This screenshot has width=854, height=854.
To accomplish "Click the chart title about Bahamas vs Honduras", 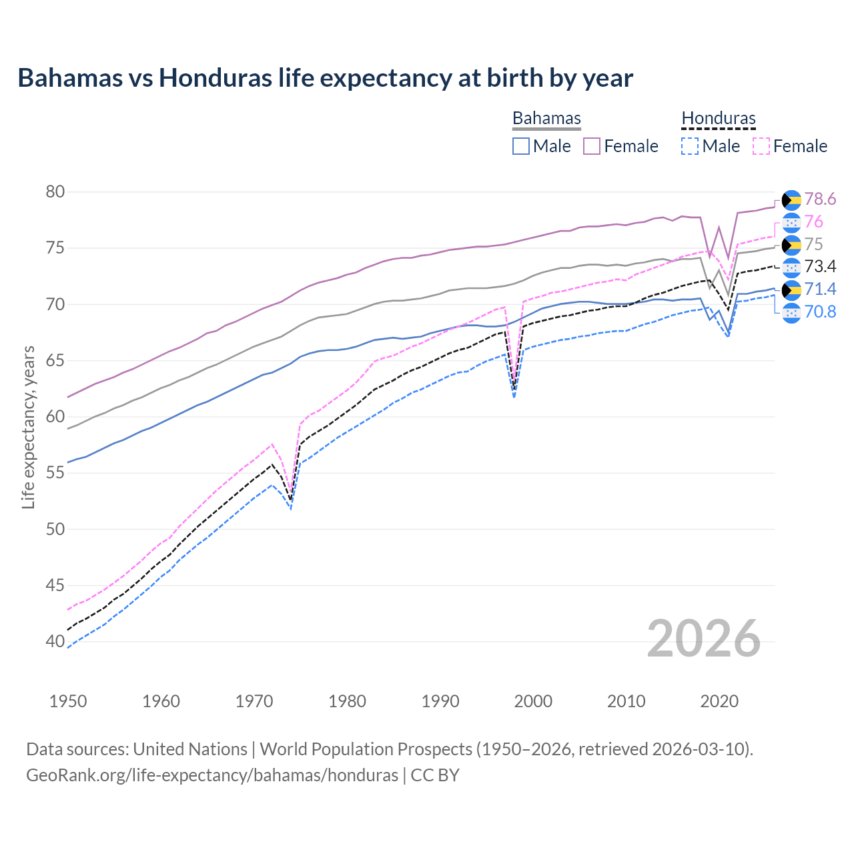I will [325, 78].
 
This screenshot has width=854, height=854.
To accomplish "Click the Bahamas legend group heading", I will [546, 118].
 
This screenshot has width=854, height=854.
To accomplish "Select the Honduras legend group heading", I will [719, 118].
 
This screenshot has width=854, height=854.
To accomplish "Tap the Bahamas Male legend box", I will [521, 146].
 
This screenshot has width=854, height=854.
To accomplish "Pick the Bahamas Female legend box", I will [592, 146].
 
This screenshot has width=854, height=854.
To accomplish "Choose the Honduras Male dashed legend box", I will [690, 146].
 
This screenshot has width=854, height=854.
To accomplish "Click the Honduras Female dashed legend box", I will [761, 146].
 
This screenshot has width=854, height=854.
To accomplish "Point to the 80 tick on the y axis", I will [55, 192].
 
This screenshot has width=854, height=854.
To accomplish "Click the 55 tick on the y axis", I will [55, 473].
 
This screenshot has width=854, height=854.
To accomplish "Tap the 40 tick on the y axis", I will [55, 642].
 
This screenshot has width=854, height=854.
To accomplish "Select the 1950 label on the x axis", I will [68, 701].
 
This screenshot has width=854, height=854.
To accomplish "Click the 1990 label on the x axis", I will [440, 701].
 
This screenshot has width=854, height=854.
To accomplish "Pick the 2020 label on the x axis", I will [719, 701].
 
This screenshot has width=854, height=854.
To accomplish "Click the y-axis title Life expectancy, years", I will [28, 427].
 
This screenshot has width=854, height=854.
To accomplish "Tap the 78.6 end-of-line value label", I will [820, 199].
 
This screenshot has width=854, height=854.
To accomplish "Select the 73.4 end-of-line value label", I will [820, 267].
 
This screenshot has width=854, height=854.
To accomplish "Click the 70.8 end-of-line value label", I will [820, 312].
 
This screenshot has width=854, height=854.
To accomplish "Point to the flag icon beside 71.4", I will [791, 290].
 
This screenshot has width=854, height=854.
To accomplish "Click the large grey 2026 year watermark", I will [704, 639].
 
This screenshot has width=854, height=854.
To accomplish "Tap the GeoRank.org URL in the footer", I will [212, 775].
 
